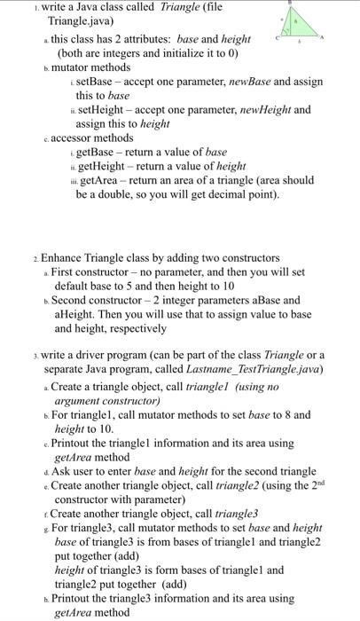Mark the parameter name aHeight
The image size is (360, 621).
pos(76,315)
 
